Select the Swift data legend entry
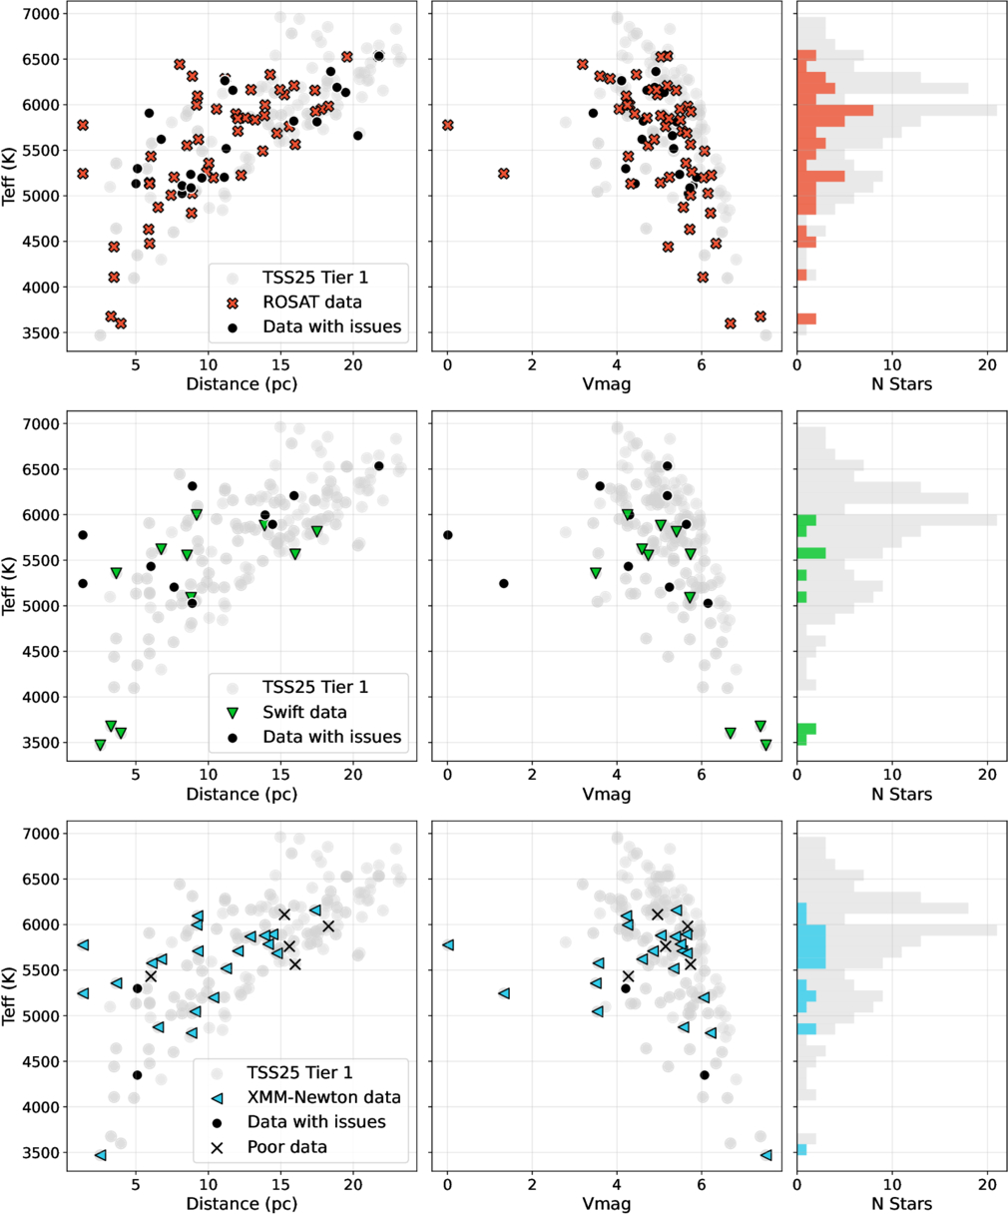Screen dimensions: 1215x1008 point(305,712)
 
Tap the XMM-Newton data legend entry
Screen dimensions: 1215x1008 point(323,1097)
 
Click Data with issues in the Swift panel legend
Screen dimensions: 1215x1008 point(331,737)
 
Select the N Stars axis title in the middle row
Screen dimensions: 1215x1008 point(901,795)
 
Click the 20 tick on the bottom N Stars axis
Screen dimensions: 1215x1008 point(987,1184)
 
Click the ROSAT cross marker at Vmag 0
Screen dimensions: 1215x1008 point(448,126)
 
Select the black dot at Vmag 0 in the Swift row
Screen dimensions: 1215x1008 point(448,535)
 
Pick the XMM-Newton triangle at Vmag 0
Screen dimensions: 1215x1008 point(448,944)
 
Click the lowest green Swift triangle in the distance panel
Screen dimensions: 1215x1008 point(100,745)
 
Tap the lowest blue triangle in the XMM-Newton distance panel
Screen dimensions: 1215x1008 point(100,1155)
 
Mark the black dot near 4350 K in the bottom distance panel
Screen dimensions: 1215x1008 point(137,1075)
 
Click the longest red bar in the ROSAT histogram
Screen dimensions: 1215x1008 point(835,110)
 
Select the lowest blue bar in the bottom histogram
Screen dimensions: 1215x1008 point(801,1150)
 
